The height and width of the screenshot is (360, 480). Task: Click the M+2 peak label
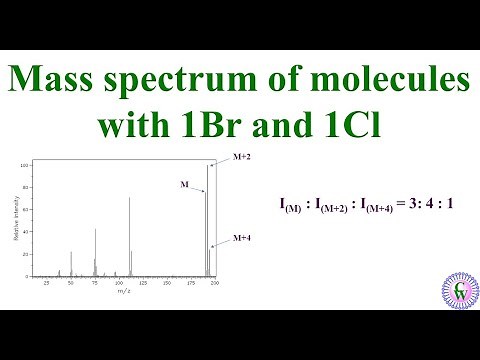pyautogui.click(x=241, y=157)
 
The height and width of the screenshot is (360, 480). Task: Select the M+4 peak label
pyautogui.click(x=241, y=238)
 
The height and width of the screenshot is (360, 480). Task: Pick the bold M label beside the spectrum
pyautogui.click(x=184, y=184)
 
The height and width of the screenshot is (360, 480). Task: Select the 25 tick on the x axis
pyautogui.click(x=47, y=285)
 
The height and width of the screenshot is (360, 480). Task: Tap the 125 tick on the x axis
pyautogui.click(x=143, y=285)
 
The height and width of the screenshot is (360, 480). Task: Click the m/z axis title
pyautogui.click(x=124, y=292)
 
